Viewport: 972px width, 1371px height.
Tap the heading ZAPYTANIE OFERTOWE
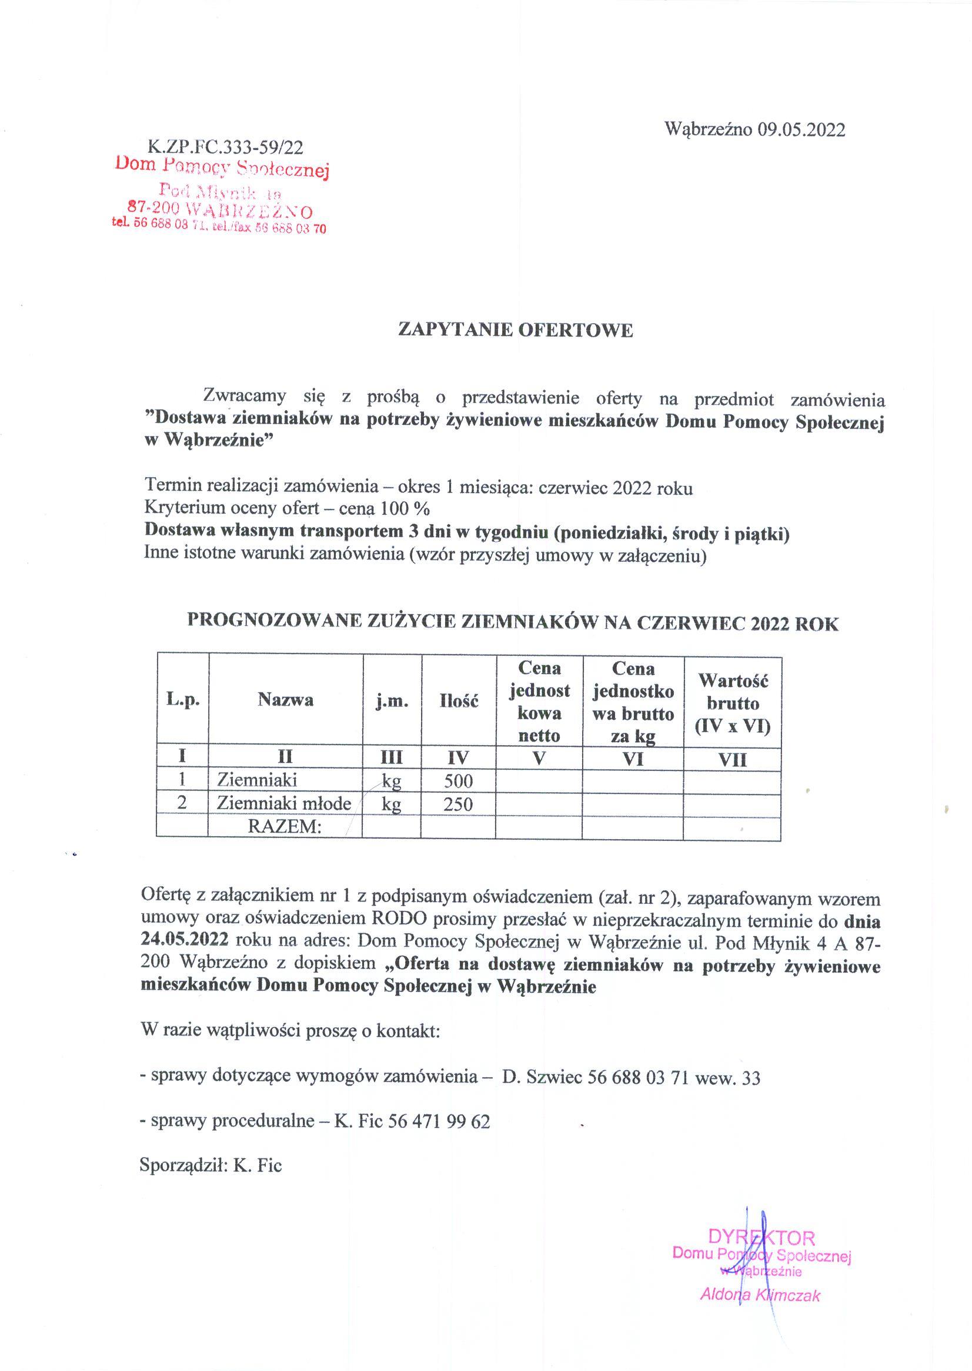click(x=515, y=330)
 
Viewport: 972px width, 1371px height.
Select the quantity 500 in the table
click(x=459, y=781)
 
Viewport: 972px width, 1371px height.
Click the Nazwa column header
click(x=286, y=700)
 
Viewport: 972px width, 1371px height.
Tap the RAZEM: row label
click(x=285, y=827)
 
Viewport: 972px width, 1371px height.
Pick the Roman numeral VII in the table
click(x=732, y=760)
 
